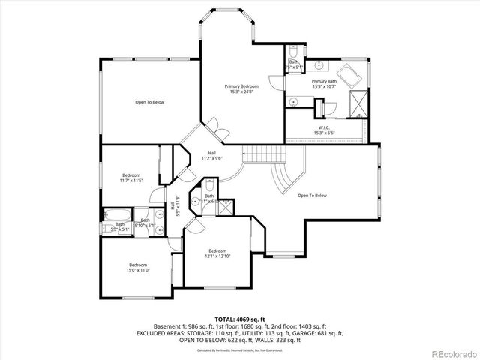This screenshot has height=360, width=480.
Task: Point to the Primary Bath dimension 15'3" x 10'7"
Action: click(324, 86)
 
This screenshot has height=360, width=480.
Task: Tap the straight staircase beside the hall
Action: click(263, 155)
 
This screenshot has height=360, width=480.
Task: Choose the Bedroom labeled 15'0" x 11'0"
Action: click(137, 268)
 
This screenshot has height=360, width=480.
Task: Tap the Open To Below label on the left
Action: click(150, 102)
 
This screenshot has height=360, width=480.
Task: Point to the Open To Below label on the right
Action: click(312, 196)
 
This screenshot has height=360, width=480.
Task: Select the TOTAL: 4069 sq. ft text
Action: click(240, 319)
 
